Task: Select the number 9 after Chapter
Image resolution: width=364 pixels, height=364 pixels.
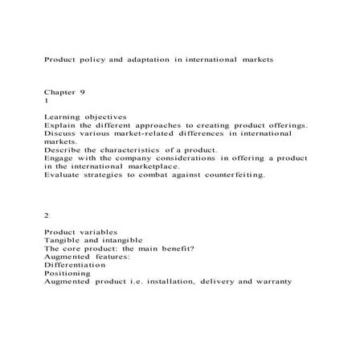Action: click(x=82, y=93)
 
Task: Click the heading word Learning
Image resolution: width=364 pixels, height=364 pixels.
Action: click(x=63, y=117)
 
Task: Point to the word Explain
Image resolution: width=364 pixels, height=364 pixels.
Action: click(x=62, y=125)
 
